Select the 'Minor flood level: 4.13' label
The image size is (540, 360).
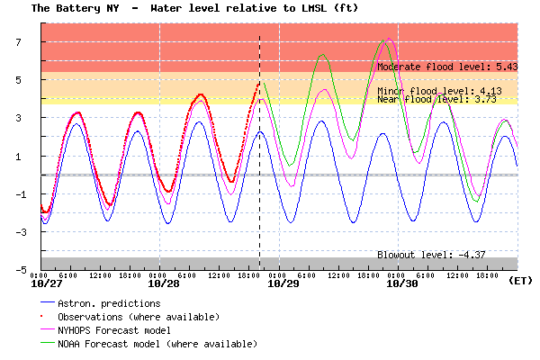[439, 91]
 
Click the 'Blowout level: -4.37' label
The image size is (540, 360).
[431, 255]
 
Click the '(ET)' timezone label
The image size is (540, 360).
[519, 282]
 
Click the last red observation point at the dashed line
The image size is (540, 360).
[258, 83]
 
